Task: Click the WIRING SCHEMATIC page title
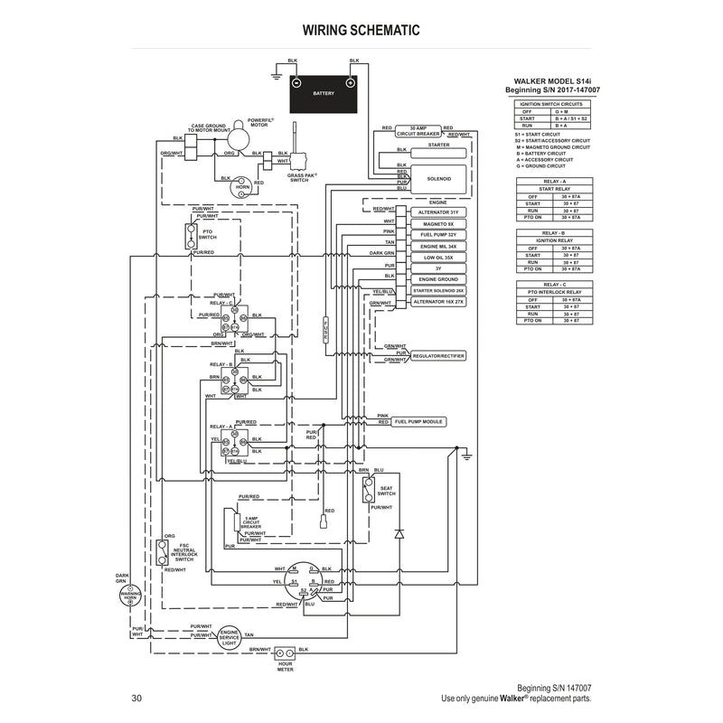[x=361, y=30]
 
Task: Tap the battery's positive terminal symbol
[x=350, y=82]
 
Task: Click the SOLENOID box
[x=438, y=178]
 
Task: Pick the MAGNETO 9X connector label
[x=438, y=222]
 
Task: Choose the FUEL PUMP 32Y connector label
[x=438, y=234]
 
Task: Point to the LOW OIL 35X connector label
[x=438, y=258]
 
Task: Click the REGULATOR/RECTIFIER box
[x=438, y=356]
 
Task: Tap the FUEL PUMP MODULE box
[x=420, y=422]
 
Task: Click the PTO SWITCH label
[x=207, y=234]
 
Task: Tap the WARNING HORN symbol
[x=130, y=596]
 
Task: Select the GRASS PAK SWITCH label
[x=298, y=178]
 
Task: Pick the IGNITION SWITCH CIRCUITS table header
[x=552, y=104]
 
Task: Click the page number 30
[x=136, y=697]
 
